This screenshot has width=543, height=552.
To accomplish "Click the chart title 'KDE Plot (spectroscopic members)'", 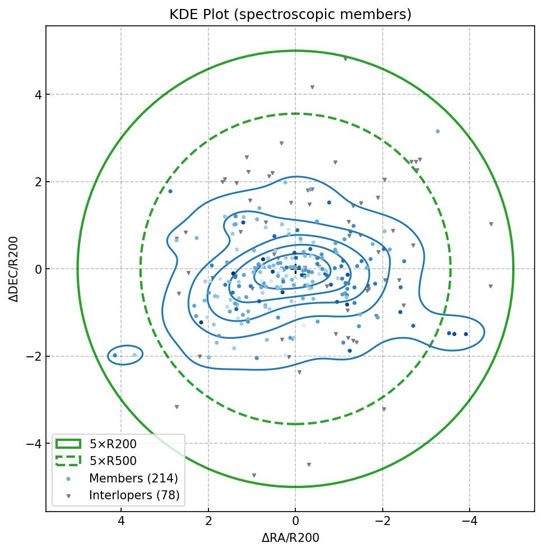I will pyautogui.click(x=290, y=15).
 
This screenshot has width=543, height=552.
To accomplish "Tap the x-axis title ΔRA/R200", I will pyautogui.click(x=290, y=538).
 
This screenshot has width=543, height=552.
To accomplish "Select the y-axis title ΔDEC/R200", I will pyautogui.click(x=14, y=269).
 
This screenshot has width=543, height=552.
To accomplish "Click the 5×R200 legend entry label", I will pyautogui.click(x=113, y=444).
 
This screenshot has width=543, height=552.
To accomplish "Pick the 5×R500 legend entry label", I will pyautogui.click(x=113, y=461).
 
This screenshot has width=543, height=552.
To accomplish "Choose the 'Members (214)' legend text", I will pyautogui.click(x=133, y=479).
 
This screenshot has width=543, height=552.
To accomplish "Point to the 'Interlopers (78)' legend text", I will pyautogui.click(x=134, y=495).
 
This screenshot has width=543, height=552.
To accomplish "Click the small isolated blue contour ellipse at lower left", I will pyautogui.click(x=125, y=355).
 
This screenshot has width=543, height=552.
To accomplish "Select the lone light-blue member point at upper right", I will pyautogui.click(x=438, y=131).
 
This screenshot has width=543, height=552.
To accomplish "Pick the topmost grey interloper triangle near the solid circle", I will pyautogui.click(x=345, y=58).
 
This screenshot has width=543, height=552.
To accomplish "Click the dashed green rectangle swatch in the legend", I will pyautogui.click(x=68, y=461).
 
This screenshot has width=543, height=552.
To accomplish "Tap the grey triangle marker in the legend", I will pyautogui.click(x=68, y=496).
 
